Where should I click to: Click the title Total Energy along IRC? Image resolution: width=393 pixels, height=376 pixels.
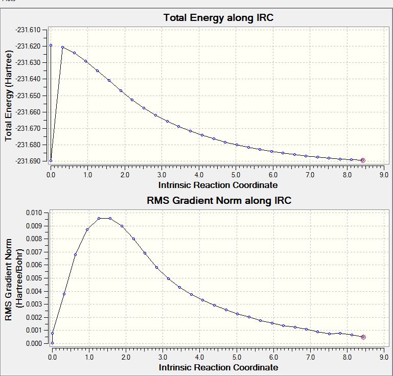point(218,18)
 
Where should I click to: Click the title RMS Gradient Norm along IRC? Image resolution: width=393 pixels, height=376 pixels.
point(219,200)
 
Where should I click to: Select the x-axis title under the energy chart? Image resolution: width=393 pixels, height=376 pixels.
point(218,184)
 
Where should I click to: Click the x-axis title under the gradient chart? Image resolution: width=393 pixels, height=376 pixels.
point(218,367)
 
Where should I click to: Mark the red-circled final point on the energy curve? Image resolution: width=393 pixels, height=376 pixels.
point(363,160)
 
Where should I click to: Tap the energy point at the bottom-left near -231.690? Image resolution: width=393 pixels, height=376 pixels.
point(51,160)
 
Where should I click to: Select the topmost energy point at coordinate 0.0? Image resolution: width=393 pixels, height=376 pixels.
point(51,45)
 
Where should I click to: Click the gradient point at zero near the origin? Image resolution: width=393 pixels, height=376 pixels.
point(52,343)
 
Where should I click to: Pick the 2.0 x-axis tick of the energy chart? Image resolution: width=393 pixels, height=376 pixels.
point(125,175)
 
